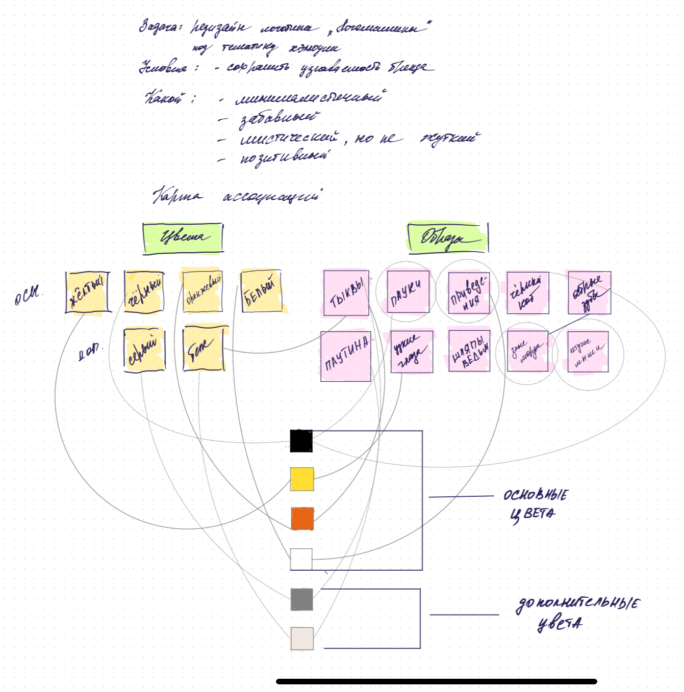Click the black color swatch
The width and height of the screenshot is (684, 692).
(301, 441)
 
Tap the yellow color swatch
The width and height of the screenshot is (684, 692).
(301, 480)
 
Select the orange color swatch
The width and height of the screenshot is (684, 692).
(302, 518)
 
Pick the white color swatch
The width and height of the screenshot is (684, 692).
(301, 559)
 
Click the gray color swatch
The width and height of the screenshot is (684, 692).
(301, 599)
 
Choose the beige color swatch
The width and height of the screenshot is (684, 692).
(302, 638)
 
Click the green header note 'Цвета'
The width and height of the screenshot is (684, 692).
(183, 237)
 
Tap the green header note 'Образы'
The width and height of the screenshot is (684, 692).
(447, 237)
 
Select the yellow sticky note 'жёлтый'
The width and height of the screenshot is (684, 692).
(88, 292)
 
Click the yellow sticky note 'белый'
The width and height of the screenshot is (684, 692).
(262, 291)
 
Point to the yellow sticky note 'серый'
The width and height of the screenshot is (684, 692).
(144, 349)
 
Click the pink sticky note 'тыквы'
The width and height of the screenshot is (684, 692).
(346, 293)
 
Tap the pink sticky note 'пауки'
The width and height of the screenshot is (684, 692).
(408, 291)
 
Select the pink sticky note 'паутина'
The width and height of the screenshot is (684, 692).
(346, 356)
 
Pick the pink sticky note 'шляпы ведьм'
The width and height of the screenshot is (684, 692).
(469, 351)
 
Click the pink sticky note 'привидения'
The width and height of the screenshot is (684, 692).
(469, 292)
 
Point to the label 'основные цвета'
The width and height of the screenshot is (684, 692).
(536, 504)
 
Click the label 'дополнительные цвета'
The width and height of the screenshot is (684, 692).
(576, 613)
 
